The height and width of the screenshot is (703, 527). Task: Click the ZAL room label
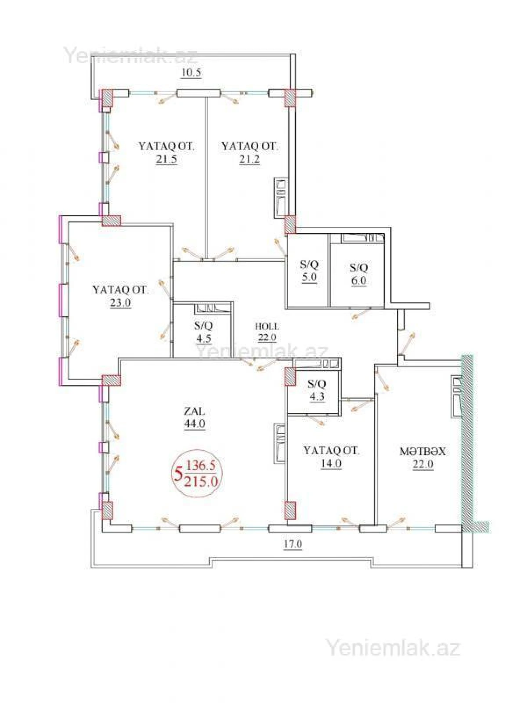(x=194, y=412)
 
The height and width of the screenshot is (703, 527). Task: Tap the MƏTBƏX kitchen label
(x=422, y=452)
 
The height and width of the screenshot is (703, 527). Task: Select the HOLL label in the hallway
(x=267, y=326)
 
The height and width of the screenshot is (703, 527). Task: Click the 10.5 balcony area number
(x=191, y=73)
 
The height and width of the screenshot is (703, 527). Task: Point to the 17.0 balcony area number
(x=292, y=544)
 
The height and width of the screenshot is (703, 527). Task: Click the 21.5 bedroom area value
(x=166, y=159)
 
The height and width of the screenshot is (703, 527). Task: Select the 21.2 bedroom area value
(x=249, y=159)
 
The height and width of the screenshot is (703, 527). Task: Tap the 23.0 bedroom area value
(x=120, y=303)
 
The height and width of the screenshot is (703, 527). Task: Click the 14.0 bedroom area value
(x=331, y=463)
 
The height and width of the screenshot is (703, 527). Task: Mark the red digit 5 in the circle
(x=178, y=475)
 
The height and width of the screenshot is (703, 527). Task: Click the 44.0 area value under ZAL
(x=194, y=424)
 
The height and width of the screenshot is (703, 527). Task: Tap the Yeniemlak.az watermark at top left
(x=130, y=55)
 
